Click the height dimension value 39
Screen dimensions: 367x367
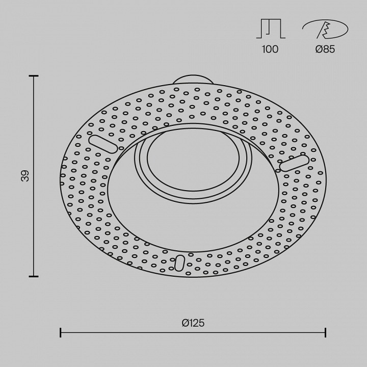25,176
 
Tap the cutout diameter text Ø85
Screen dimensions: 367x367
325,49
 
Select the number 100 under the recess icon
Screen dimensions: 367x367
270,49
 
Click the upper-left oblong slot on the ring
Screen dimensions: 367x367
103,143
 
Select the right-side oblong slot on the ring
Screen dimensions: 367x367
294,163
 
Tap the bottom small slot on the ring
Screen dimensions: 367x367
179,263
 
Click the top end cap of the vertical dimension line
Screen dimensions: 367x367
34,76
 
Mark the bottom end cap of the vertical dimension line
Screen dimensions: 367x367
34,276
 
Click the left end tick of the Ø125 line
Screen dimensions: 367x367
61,333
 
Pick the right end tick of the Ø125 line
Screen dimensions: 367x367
326,333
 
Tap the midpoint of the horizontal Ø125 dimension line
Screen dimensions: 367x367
193,333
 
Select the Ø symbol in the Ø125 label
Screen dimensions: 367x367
185,322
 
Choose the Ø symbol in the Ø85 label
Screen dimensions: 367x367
319,49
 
